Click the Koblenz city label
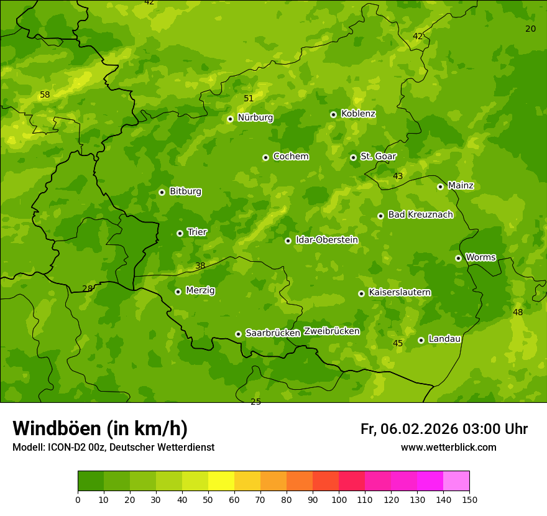(x=358, y=114)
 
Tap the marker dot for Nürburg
(x=230, y=119)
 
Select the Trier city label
(x=197, y=233)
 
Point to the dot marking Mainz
(x=440, y=187)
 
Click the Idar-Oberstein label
(x=327, y=240)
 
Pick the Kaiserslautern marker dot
(x=361, y=293)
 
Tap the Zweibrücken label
(x=331, y=331)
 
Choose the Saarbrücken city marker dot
(x=238, y=334)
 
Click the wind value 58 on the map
(x=45, y=95)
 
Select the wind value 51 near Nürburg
(x=249, y=98)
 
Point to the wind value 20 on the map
(x=530, y=29)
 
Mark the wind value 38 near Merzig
(x=200, y=266)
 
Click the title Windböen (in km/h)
(x=100, y=428)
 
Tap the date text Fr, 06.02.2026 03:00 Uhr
(x=444, y=429)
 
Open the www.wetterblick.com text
(x=448, y=448)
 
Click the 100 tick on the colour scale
(x=339, y=499)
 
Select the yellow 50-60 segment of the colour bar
(x=221, y=481)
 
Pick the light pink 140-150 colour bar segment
(x=456, y=481)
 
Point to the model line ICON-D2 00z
(x=113, y=448)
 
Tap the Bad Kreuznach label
(x=420, y=215)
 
